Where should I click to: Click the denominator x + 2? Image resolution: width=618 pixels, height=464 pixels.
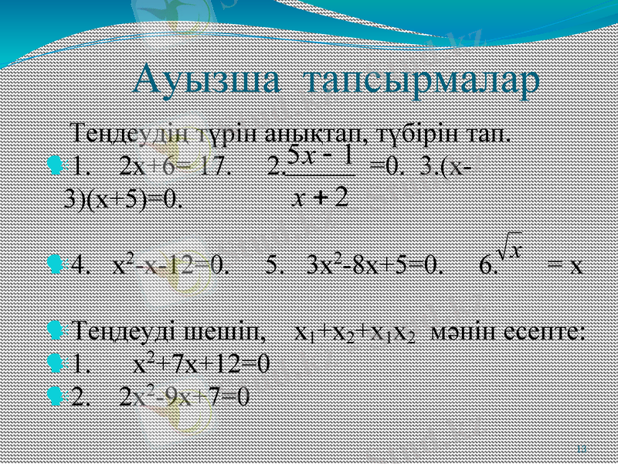coord(320,198)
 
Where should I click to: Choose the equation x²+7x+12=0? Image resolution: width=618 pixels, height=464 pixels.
coord(202,363)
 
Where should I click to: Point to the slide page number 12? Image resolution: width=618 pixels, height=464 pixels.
coord(582,448)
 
